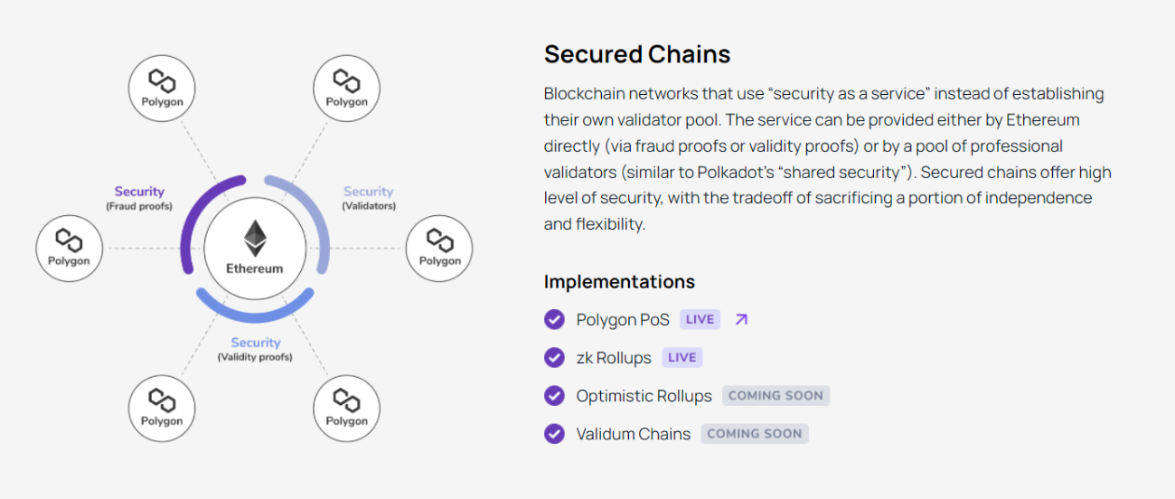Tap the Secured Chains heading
click(x=636, y=54)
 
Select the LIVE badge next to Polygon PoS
click(x=700, y=319)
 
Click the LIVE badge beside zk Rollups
click(x=681, y=357)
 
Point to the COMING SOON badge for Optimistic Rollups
click(x=775, y=395)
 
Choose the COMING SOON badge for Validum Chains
click(x=754, y=433)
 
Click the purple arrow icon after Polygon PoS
click(x=741, y=319)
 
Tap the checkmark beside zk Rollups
click(x=554, y=357)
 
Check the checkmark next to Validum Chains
click(x=554, y=434)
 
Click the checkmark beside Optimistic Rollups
click(x=554, y=396)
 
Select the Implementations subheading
click(x=619, y=281)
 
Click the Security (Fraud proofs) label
click(x=139, y=198)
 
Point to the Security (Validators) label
click(x=368, y=198)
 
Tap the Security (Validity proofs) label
click(x=255, y=349)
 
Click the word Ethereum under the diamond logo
click(x=255, y=268)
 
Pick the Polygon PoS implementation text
click(x=623, y=319)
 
